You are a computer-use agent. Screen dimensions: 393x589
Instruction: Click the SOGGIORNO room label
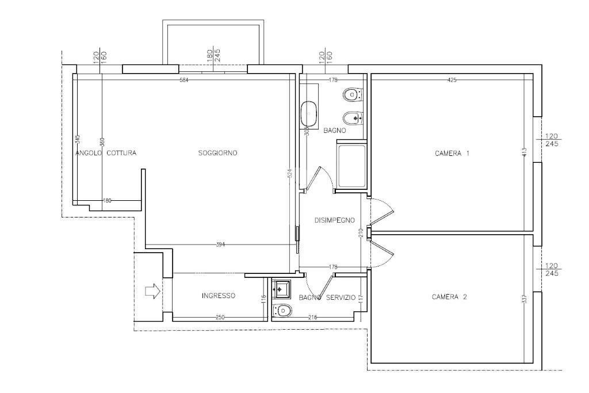217,153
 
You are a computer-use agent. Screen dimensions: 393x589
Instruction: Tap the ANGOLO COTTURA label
106,153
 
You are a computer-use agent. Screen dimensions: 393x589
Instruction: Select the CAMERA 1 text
452,154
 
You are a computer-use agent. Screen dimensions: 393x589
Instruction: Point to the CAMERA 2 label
449,297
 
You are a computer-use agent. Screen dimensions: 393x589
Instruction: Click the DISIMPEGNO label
334,220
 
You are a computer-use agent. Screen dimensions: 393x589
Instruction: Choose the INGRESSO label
218,296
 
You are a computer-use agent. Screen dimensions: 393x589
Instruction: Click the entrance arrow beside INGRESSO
152,292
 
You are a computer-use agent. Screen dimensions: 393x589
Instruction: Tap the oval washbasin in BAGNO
309,113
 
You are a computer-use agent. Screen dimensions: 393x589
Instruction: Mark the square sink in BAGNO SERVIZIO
282,287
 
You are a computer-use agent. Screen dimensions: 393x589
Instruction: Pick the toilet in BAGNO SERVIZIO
282,311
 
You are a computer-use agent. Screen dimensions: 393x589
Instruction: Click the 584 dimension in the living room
184,80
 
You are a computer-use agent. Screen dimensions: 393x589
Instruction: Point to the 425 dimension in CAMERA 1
452,80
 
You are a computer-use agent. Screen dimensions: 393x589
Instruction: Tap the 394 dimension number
220,245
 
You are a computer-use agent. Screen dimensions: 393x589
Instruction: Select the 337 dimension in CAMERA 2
524,300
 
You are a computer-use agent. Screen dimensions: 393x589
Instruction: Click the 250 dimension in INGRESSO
220,318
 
